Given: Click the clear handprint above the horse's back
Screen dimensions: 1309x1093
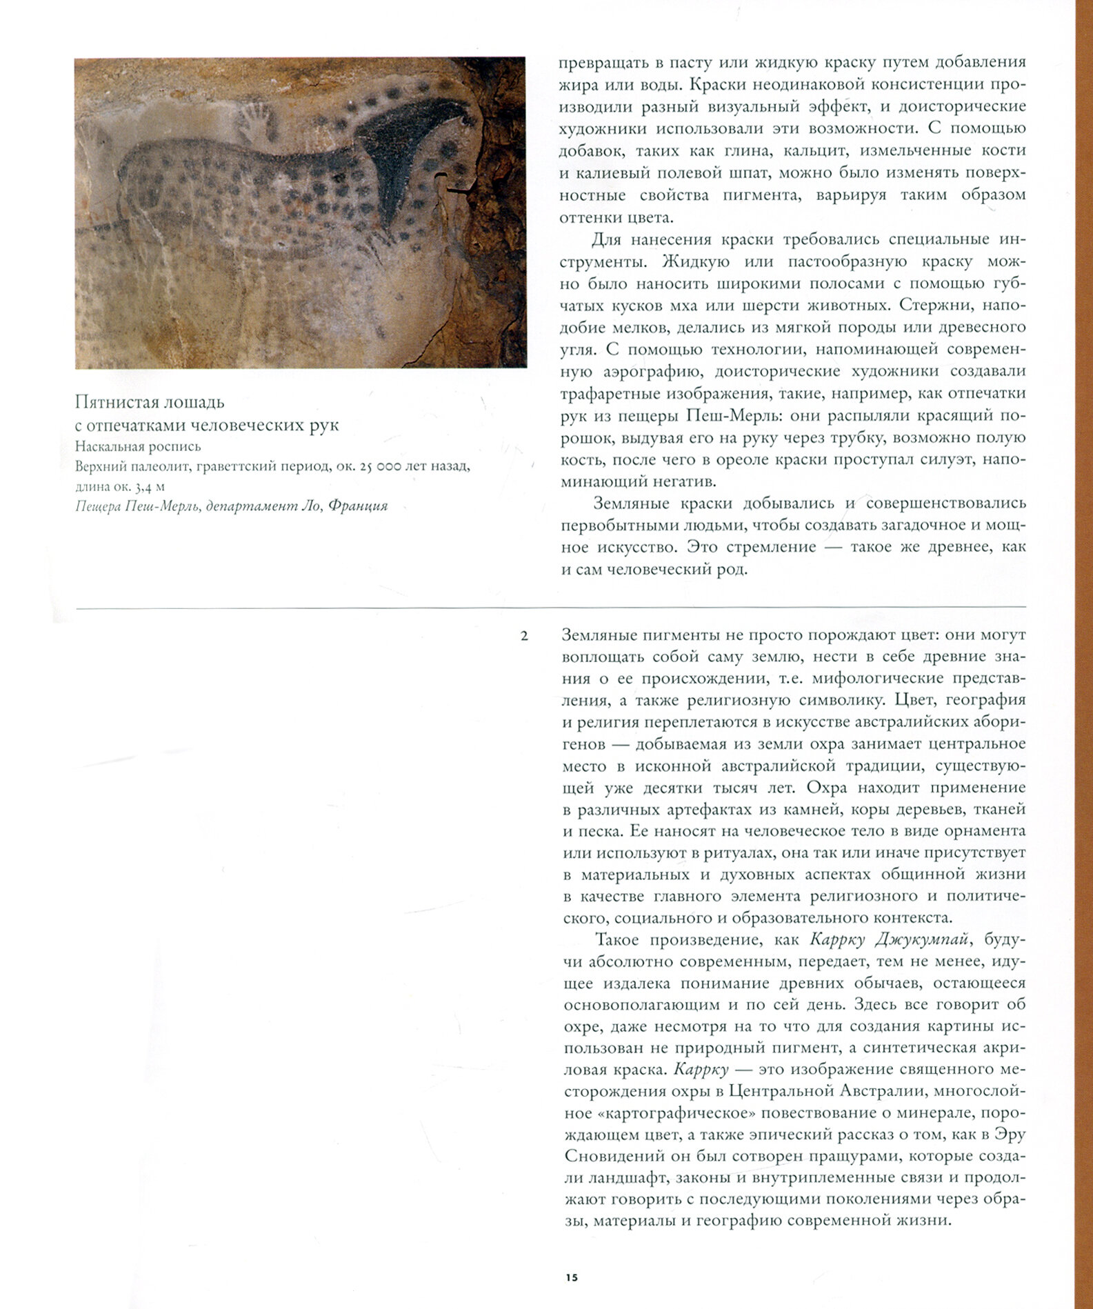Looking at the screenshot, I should pyautogui.click(x=256, y=120).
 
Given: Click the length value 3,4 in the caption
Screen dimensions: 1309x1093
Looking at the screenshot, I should pyautogui.click(x=143, y=486).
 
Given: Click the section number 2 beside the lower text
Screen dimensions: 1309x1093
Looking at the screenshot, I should pyautogui.click(x=524, y=636).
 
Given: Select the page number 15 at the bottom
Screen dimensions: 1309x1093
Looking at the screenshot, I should pyautogui.click(x=572, y=1277).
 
